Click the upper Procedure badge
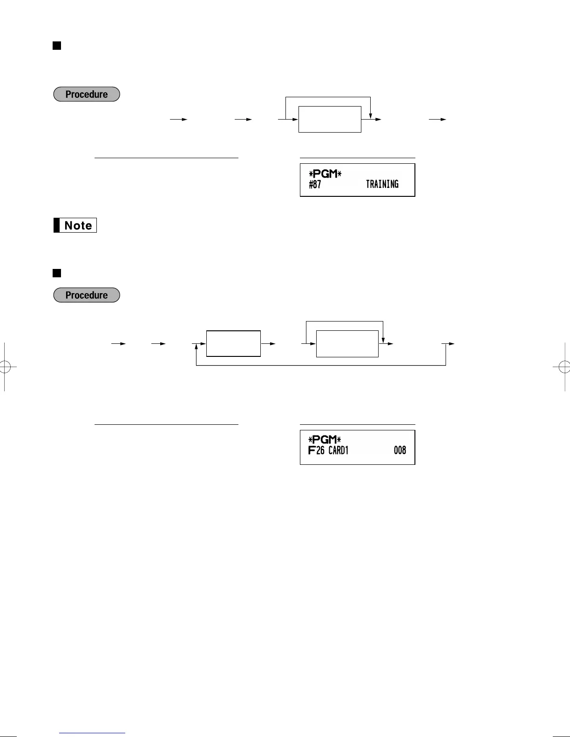tap(87, 94)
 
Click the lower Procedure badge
tap(87, 295)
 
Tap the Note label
tap(75, 226)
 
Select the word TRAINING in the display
tap(382, 184)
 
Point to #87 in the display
tap(315, 184)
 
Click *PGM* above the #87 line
tap(325, 174)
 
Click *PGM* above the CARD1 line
tap(325, 440)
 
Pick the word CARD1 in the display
tap(339, 450)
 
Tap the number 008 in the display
tap(400, 450)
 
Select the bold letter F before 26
tap(312, 450)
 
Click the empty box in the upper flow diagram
tap(330, 119)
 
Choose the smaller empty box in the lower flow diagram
tap(233, 344)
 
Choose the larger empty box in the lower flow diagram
tap(347, 344)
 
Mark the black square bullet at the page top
tap(57, 46)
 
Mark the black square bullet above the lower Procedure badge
tap(57, 273)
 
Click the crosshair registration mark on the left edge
tap(4, 367)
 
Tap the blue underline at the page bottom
tap(92, 733)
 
